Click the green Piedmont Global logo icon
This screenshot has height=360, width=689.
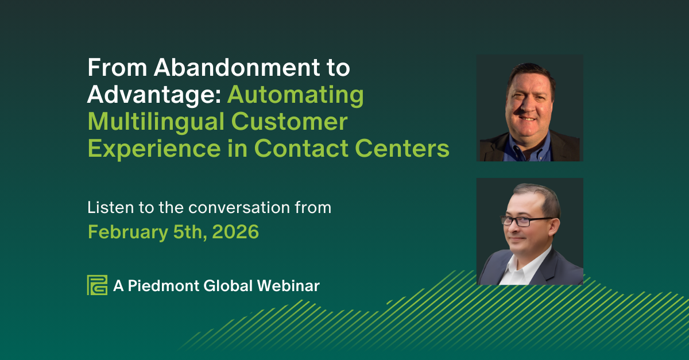pos(97,285)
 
